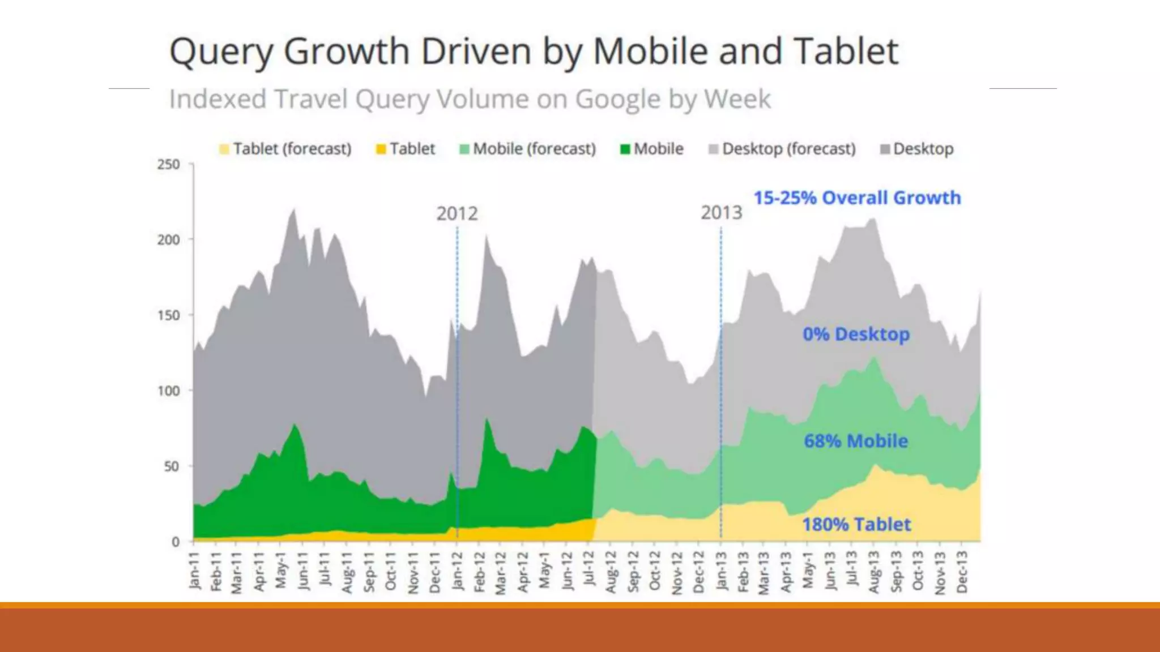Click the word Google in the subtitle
[618, 100]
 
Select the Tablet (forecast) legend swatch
[224, 149]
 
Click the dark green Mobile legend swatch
[625, 149]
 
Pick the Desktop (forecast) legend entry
[782, 149]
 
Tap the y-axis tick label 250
[168, 165]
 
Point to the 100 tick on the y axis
[168, 391]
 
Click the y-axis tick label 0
[176, 542]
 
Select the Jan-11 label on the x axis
[194, 571]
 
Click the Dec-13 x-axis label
[962, 572]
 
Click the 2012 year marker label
[457, 214]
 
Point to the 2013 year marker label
[721, 213]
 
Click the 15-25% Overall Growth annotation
[857, 198]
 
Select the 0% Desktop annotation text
[856, 334]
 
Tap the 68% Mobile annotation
[856, 441]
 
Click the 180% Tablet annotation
[856, 525]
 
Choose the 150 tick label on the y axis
[168, 315]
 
